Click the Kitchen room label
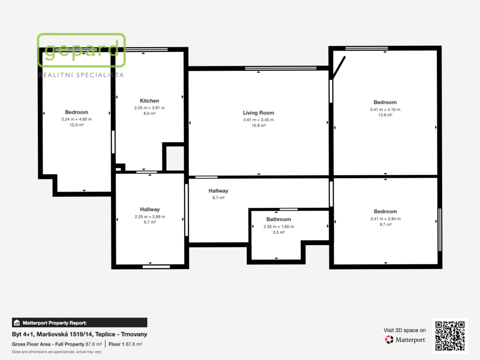point(150,101)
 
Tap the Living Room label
point(258,113)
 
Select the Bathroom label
point(278,219)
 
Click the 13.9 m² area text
point(385,115)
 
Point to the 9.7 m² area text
point(385,225)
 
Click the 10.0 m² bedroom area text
point(76,125)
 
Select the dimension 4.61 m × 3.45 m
point(258,120)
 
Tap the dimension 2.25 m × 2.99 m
point(150,217)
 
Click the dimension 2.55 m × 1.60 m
point(278,226)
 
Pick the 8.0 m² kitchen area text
point(150,113)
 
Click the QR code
point(450,336)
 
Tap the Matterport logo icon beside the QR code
point(389,339)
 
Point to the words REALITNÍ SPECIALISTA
point(81,75)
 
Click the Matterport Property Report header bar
point(80,322)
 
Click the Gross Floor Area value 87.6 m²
point(94,345)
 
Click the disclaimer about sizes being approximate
point(57,352)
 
